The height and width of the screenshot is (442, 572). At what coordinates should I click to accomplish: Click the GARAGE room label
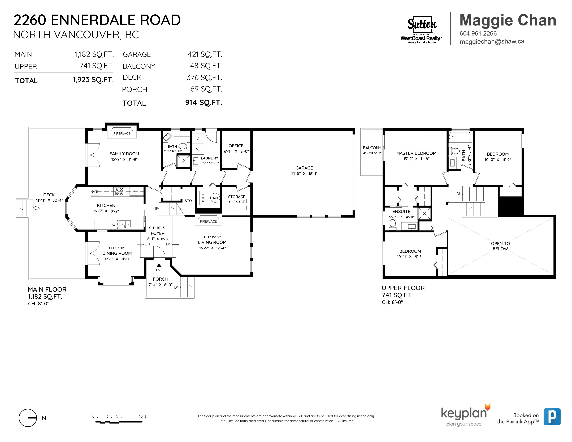pos(304,168)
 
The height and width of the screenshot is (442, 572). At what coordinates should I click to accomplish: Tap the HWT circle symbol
pos(215,198)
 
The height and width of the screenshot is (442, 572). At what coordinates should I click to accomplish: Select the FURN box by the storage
pos(203,198)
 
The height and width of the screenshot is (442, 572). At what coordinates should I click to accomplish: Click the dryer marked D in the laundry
pos(198,138)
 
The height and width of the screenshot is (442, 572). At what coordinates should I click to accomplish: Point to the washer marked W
pos(198,149)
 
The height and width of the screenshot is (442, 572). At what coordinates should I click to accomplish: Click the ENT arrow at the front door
pos(159,266)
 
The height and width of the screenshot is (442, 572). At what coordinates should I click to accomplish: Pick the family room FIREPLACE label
pos(122,133)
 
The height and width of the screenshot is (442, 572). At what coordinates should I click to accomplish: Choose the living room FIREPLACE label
pos(208,221)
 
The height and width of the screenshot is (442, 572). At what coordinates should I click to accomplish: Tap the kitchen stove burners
pos(119,192)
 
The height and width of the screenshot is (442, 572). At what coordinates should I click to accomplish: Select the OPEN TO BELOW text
pos(500,246)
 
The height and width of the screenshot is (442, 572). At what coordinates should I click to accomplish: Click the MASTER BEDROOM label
pos(416,153)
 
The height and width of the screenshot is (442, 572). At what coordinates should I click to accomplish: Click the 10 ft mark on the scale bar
pos(142,416)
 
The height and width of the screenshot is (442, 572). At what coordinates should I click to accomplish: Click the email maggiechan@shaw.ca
pos(492,42)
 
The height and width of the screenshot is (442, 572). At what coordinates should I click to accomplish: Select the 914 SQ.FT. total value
pos(203,103)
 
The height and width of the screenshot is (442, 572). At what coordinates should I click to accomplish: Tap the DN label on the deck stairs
pos(37,208)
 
